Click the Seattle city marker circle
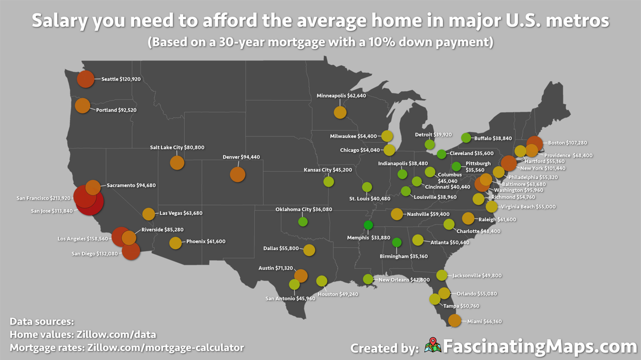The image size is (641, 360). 85,79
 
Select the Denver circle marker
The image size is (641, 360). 237,174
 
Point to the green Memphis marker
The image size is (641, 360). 368,225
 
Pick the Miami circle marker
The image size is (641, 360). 454,320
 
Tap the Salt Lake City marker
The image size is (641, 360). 177,162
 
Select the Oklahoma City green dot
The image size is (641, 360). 303,221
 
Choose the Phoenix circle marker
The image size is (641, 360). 175,242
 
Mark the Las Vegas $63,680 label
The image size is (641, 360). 181,213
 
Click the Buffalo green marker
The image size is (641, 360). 466,138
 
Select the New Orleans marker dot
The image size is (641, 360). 368,279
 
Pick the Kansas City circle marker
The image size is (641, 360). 329,181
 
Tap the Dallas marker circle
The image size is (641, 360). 309,249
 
